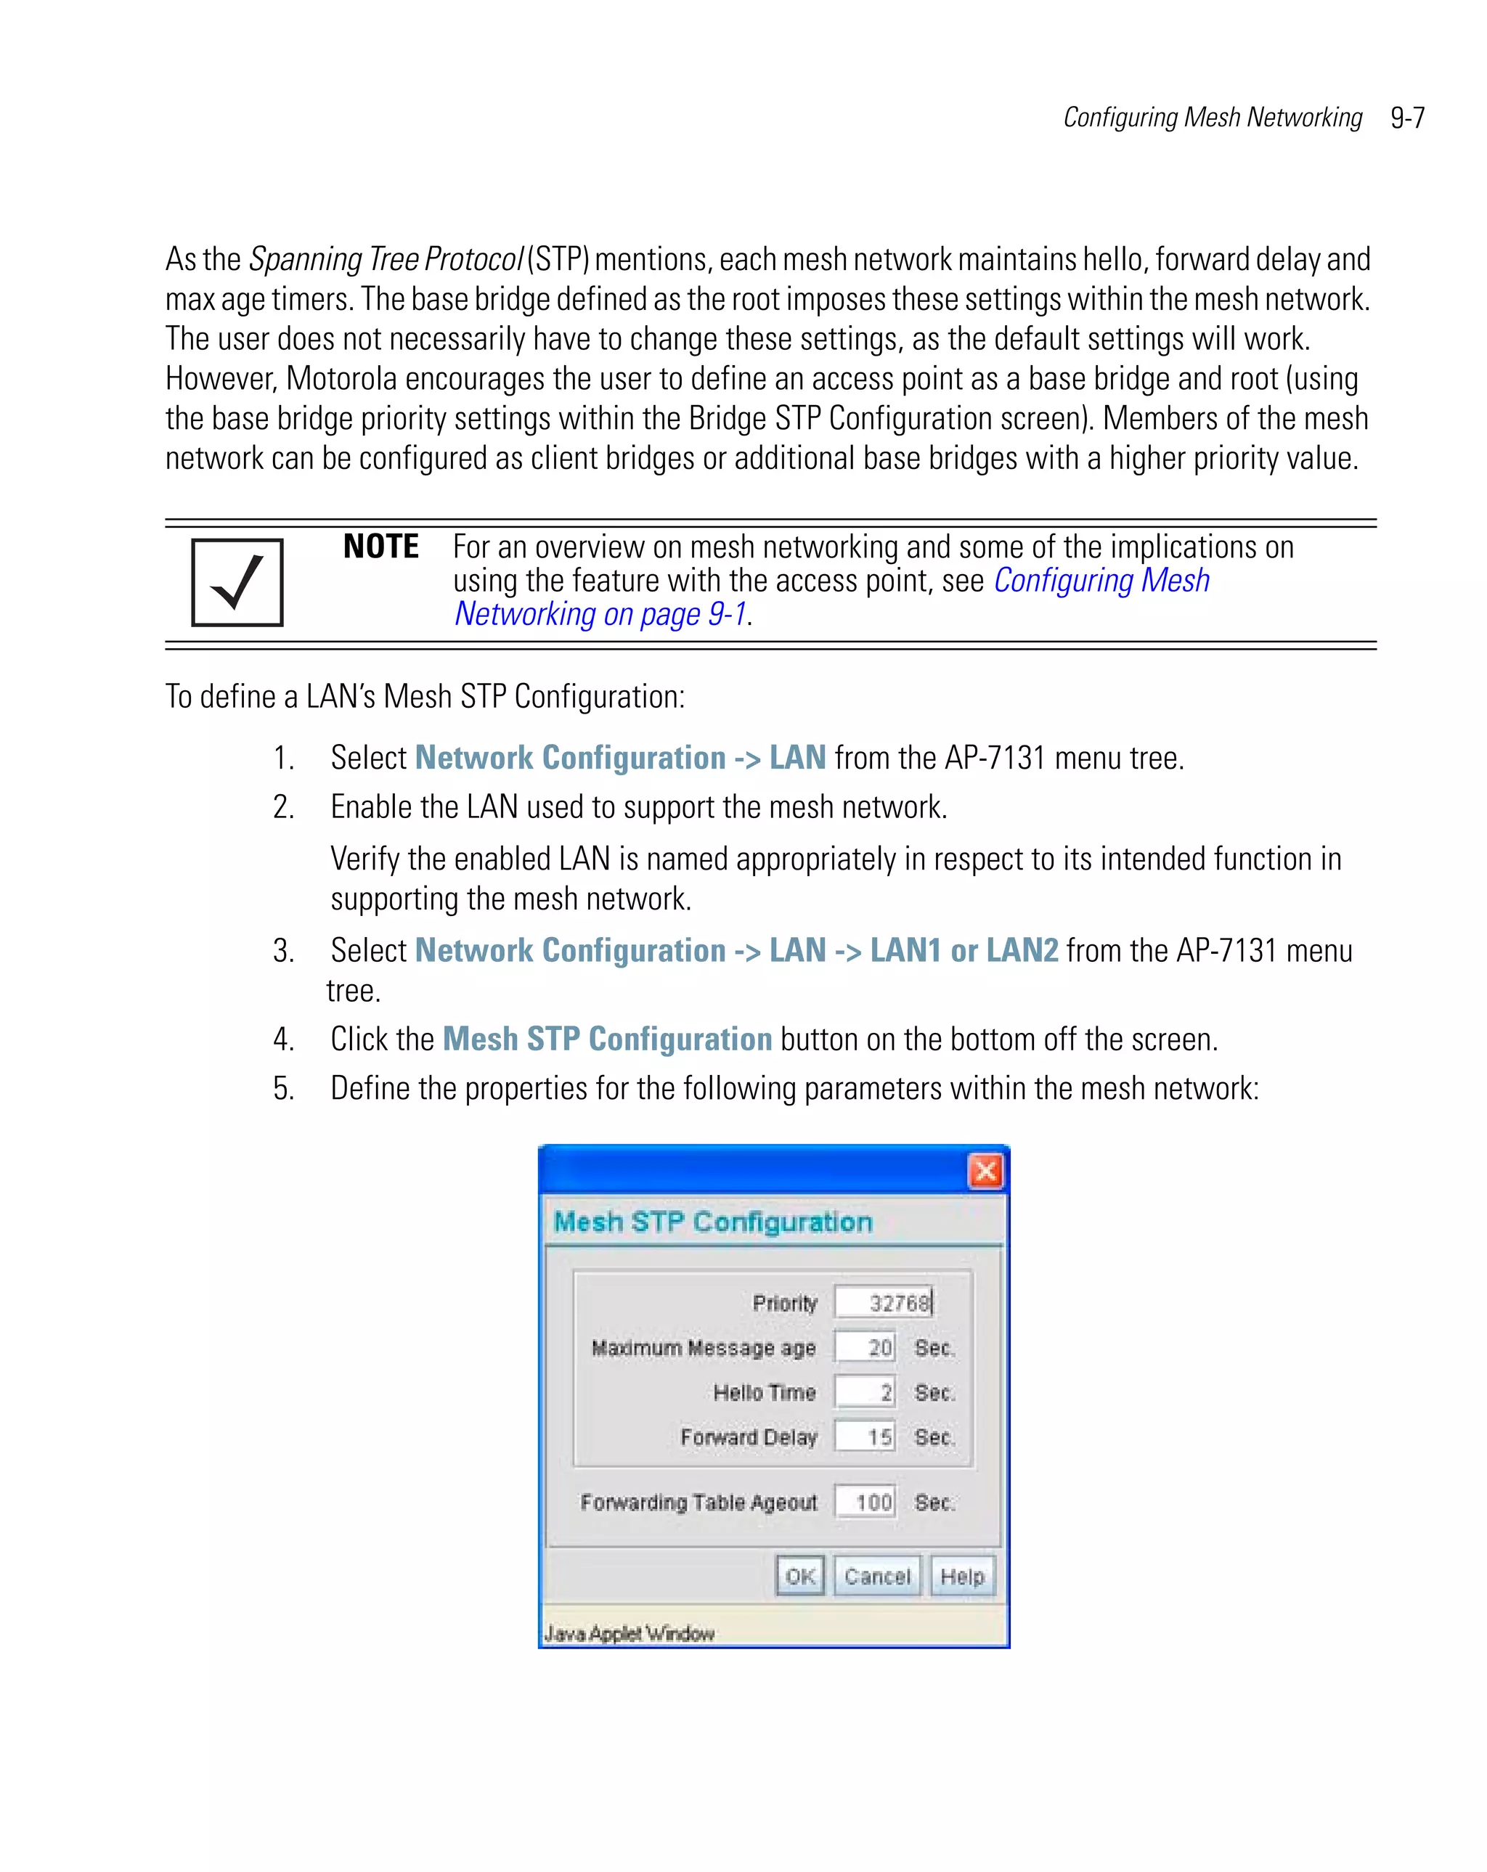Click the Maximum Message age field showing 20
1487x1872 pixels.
click(x=864, y=1347)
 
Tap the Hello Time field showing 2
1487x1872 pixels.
click(x=864, y=1392)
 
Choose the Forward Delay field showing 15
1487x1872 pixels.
click(x=864, y=1437)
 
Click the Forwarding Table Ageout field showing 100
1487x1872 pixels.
click(x=864, y=1502)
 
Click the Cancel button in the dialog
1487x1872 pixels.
click(x=877, y=1576)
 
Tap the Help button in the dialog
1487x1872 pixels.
click(x=962, y=1576)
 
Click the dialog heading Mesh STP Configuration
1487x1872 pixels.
click(x=712, y=1222)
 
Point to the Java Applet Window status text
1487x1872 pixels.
click(x=629, y=1633)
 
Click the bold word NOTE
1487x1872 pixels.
click(x=380, y=547)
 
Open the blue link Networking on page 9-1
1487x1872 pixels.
click(x=600, y=614)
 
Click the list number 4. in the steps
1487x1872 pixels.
click(x=283, y=1039)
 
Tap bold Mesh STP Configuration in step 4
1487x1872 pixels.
click(x=607, y=1039)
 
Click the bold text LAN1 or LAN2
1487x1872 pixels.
click(x=964, y=951)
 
